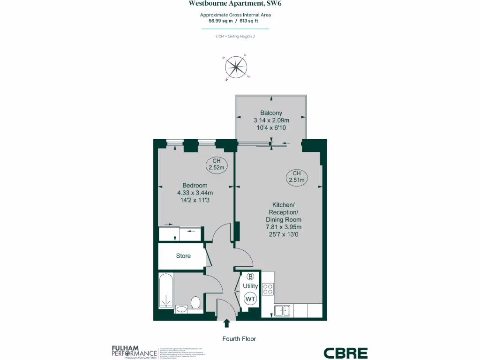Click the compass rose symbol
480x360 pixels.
[237, 67]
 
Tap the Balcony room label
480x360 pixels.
[271, 112]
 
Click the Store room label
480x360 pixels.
[183, 256]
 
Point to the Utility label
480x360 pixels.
[250, 286]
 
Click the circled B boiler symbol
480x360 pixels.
[250, 277]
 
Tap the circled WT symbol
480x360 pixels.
[250, 298]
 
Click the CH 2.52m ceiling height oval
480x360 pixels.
[217, 164]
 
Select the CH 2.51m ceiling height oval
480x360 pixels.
[296, 176]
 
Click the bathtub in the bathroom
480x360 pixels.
[166, 291]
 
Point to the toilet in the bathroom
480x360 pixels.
[195, 302]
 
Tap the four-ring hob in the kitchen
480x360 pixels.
[268, 289]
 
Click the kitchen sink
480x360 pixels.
[282, 310]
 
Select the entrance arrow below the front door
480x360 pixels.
[227, 323]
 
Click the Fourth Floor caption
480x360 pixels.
[239, 338]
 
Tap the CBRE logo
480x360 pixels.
[345, 353]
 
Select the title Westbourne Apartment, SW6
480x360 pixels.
[235, 4]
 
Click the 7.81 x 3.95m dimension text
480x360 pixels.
[284, 227]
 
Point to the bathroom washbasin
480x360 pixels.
[181, 309]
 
